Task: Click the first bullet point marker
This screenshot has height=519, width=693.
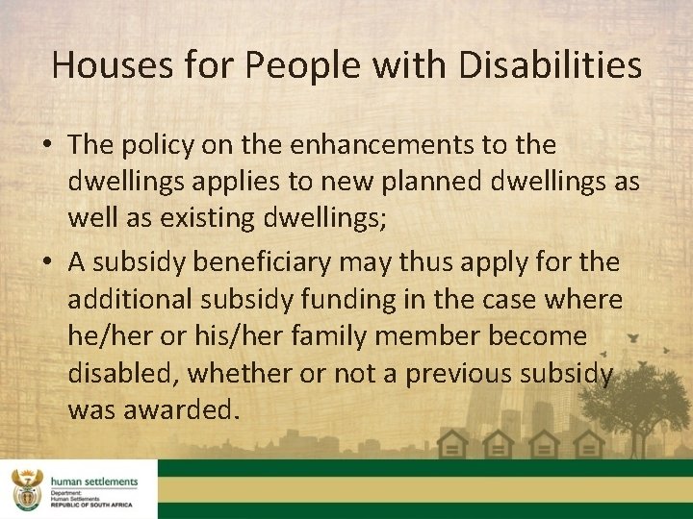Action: click(x=46, y=145)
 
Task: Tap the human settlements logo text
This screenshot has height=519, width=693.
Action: click(x=93, y=482)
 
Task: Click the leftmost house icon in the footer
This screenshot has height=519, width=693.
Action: click(x=452, y=445)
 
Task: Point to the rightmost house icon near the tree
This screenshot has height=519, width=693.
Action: click(x=588, y=445)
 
